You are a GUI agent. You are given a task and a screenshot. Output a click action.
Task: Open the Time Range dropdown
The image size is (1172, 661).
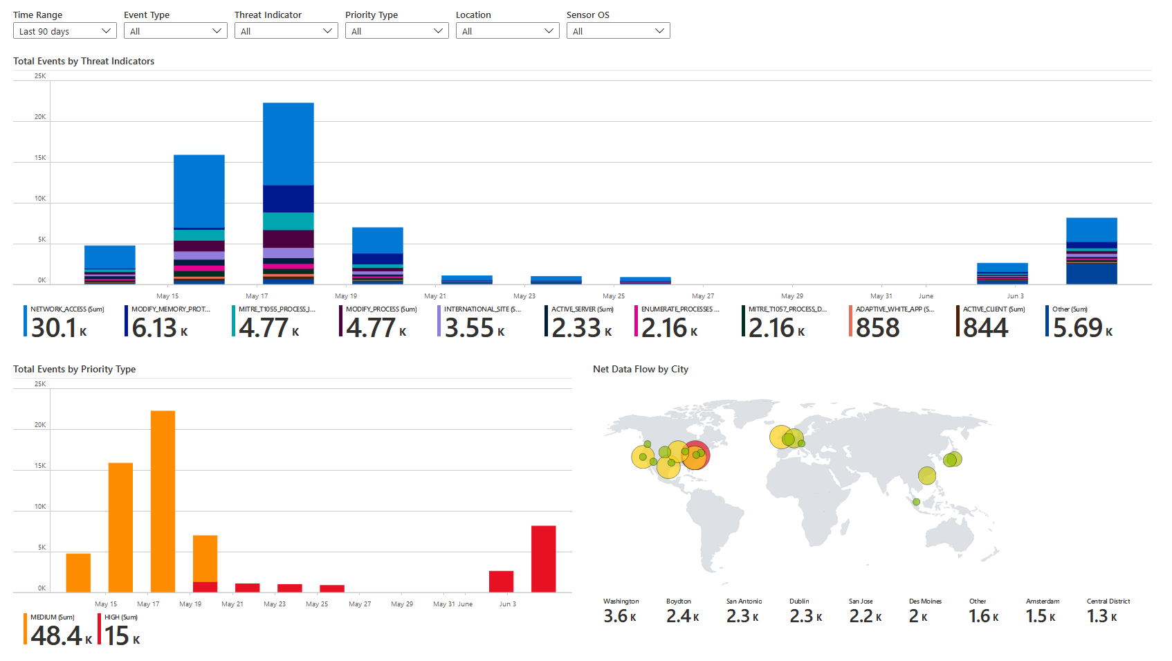point(64,31)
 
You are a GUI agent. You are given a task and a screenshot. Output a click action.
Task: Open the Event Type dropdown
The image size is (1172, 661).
point(175,31)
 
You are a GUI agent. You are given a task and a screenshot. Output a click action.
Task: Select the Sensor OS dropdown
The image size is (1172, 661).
point(618,31)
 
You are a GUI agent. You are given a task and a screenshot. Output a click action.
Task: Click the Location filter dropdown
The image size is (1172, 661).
point(507,31)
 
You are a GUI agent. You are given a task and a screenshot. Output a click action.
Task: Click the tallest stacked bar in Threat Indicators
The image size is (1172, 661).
point(289,193)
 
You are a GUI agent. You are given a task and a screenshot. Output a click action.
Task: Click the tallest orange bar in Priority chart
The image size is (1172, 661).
point(163,501)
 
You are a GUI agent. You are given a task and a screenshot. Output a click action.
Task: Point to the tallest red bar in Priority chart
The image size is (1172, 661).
point(543,559)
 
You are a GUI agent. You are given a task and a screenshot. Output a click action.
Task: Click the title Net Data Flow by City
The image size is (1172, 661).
point(640,369)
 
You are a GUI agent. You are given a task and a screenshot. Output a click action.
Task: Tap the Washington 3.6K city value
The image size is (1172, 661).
point(619,616)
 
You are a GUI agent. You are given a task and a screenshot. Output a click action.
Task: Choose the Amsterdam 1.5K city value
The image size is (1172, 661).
point(1041,616)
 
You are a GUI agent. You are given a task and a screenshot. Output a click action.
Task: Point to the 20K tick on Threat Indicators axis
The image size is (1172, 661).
point(40,117)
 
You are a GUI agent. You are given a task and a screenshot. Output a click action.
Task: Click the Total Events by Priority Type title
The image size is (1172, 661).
point(74,369)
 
